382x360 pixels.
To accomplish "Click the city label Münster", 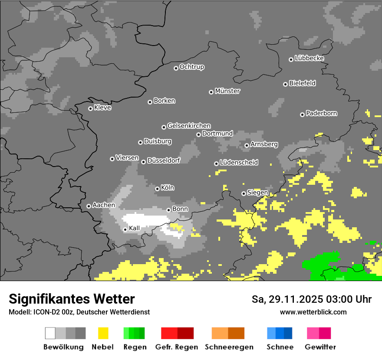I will [227, 91].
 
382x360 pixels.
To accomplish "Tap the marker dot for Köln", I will [158, 189].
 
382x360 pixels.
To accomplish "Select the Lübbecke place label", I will [309, 58].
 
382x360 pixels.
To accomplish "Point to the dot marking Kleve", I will [90, 108].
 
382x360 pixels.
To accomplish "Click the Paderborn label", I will [321, 113].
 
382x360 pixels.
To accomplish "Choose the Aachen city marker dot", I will [89, 206].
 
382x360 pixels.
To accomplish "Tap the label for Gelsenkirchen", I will [189, 126].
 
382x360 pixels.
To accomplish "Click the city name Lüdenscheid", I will [239, 163].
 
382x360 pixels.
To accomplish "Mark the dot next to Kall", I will [125, 229].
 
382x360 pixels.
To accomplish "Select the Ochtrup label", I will [191, 67].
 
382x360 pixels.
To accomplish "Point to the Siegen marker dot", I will [244, 193].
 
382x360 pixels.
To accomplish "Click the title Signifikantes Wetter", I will [72, 299].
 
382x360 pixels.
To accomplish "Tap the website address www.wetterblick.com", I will [313, 312].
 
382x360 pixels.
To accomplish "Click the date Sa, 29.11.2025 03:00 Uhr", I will [311, 299].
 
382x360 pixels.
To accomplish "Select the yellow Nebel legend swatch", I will [103, 333].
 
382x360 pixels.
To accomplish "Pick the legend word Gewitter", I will [320, 347].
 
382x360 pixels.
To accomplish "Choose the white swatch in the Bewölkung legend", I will [50, 333].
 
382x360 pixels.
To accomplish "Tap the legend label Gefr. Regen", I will [177, 347].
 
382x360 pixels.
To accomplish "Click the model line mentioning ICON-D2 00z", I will [79, 312].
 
